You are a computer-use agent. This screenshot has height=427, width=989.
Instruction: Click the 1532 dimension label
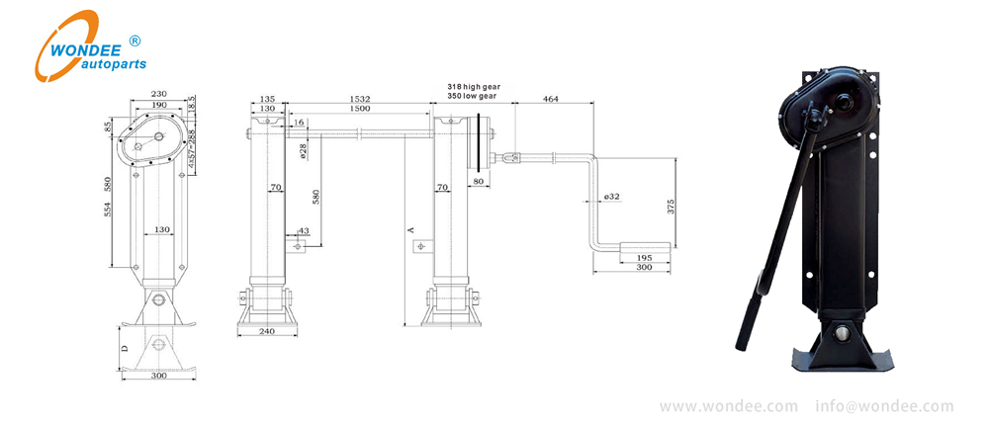361,99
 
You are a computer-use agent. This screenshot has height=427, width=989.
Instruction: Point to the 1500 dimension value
361,110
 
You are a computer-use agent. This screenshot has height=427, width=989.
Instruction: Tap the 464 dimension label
550,99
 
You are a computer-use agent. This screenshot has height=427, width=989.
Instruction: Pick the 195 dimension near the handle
645,257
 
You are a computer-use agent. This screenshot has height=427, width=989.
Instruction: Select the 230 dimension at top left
158,94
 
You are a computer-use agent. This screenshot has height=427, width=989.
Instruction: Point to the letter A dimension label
408,227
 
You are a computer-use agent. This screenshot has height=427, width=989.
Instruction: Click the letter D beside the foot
124,348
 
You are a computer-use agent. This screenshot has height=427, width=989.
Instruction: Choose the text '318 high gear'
474,87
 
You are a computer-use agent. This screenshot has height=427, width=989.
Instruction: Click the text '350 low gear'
473,98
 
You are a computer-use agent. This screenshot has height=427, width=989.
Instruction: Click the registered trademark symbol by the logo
135,41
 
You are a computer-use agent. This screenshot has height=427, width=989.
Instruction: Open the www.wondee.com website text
729,406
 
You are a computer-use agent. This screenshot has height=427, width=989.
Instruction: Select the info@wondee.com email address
885,406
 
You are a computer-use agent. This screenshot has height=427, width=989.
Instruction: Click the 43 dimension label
304,231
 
